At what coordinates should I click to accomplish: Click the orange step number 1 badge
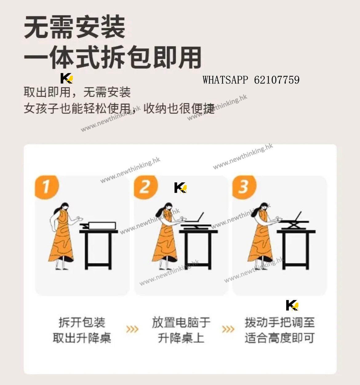click(47, 187)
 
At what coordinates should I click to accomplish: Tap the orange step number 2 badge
click(146, 187)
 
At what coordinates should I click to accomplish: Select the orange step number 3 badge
click(244, 187)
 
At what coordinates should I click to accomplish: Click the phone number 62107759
click(277, 80)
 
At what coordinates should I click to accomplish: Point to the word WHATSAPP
click(225, 80)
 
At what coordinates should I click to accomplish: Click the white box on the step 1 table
click(102, 225)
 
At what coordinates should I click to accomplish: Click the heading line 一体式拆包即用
click(113, 57)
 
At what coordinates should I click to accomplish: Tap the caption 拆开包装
click(82, 322)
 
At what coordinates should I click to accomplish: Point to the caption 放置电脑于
click(181, 322)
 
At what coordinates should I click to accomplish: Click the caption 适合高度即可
click(279, 338)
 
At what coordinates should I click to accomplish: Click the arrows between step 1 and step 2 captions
click(132, 329)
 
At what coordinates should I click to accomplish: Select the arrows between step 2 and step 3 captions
click(228, 329)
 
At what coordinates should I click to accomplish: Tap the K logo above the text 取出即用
click(67, 78)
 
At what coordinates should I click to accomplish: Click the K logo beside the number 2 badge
click(181, 188)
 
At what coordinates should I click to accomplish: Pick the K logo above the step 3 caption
click(292, 305)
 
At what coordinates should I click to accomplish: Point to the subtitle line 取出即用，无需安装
click(77, 92)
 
